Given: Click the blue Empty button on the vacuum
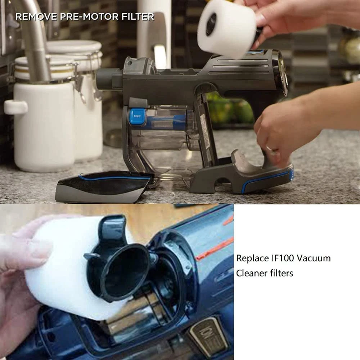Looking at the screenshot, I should point(137,116).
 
